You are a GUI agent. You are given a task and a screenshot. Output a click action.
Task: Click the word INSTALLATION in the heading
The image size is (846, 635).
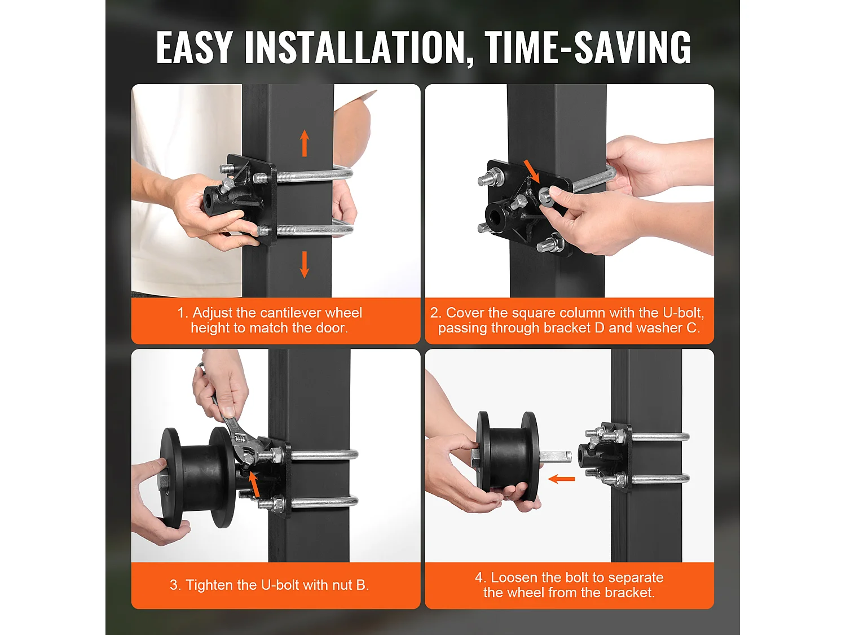pos(355,48)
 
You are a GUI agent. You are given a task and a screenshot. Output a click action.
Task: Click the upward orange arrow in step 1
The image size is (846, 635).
pos(305,143)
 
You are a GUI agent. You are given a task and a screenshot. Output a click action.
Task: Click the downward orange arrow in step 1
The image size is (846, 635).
pos(305,265)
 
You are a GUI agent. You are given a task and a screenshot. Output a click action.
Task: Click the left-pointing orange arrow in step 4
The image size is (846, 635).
pos(561,479)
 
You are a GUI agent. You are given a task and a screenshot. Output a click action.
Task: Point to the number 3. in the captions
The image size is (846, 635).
pos(175,585)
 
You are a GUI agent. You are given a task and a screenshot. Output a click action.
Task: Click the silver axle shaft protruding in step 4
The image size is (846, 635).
pos(556,457)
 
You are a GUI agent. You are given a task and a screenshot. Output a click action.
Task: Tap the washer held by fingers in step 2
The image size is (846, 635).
pos(545,196)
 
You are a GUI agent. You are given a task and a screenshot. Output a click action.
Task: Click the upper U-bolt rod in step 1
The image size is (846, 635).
pos(315,174)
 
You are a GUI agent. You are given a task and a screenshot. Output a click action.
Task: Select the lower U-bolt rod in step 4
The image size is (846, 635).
pos(660,479)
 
